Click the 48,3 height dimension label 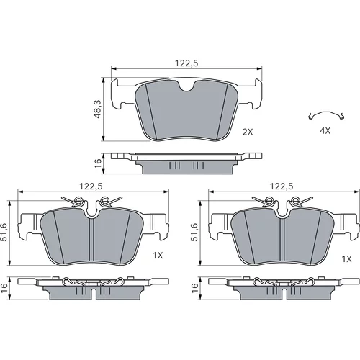(x=98, y=109)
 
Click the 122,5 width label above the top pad (x=186, y=63)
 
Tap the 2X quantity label (x=248, y=132)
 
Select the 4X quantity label (x=325, y=131)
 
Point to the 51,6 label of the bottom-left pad (x=4, y=232)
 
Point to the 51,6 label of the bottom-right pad (x=194, y=232)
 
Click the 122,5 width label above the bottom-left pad (x=91, y=186)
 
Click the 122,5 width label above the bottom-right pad (x=282, y=186)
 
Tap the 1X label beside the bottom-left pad (x=158, y=256)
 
